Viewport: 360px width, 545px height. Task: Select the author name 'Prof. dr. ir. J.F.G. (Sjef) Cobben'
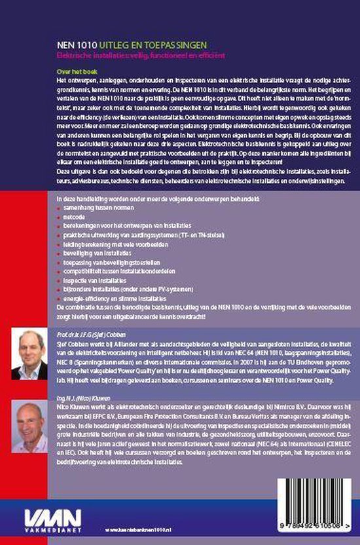[89, 333]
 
